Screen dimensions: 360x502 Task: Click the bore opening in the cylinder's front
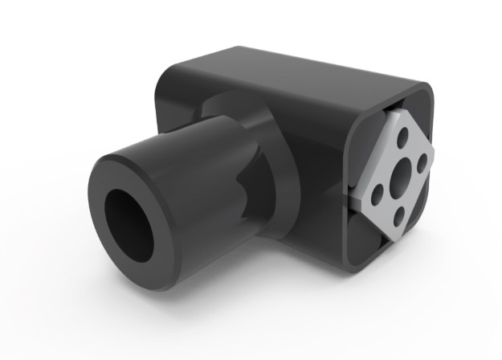tap(129, 226)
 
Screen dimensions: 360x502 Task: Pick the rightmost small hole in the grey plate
tap(421, 169)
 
